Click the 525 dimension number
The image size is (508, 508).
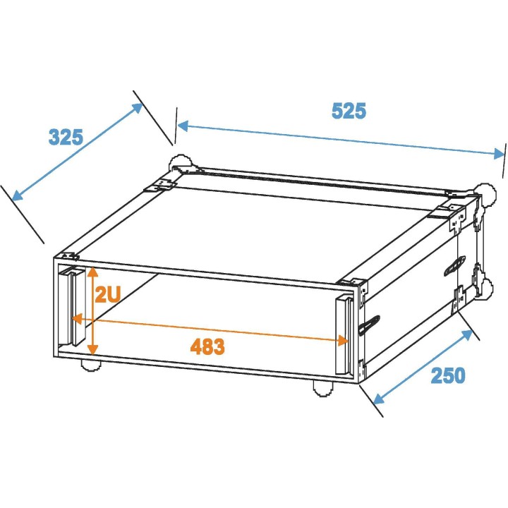coord(349,111)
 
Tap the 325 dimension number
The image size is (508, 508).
coord(66,136)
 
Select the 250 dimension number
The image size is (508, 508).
coord(448,375)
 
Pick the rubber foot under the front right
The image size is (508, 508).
coord(322,387)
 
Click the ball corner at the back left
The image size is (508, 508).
coord(176,162)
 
